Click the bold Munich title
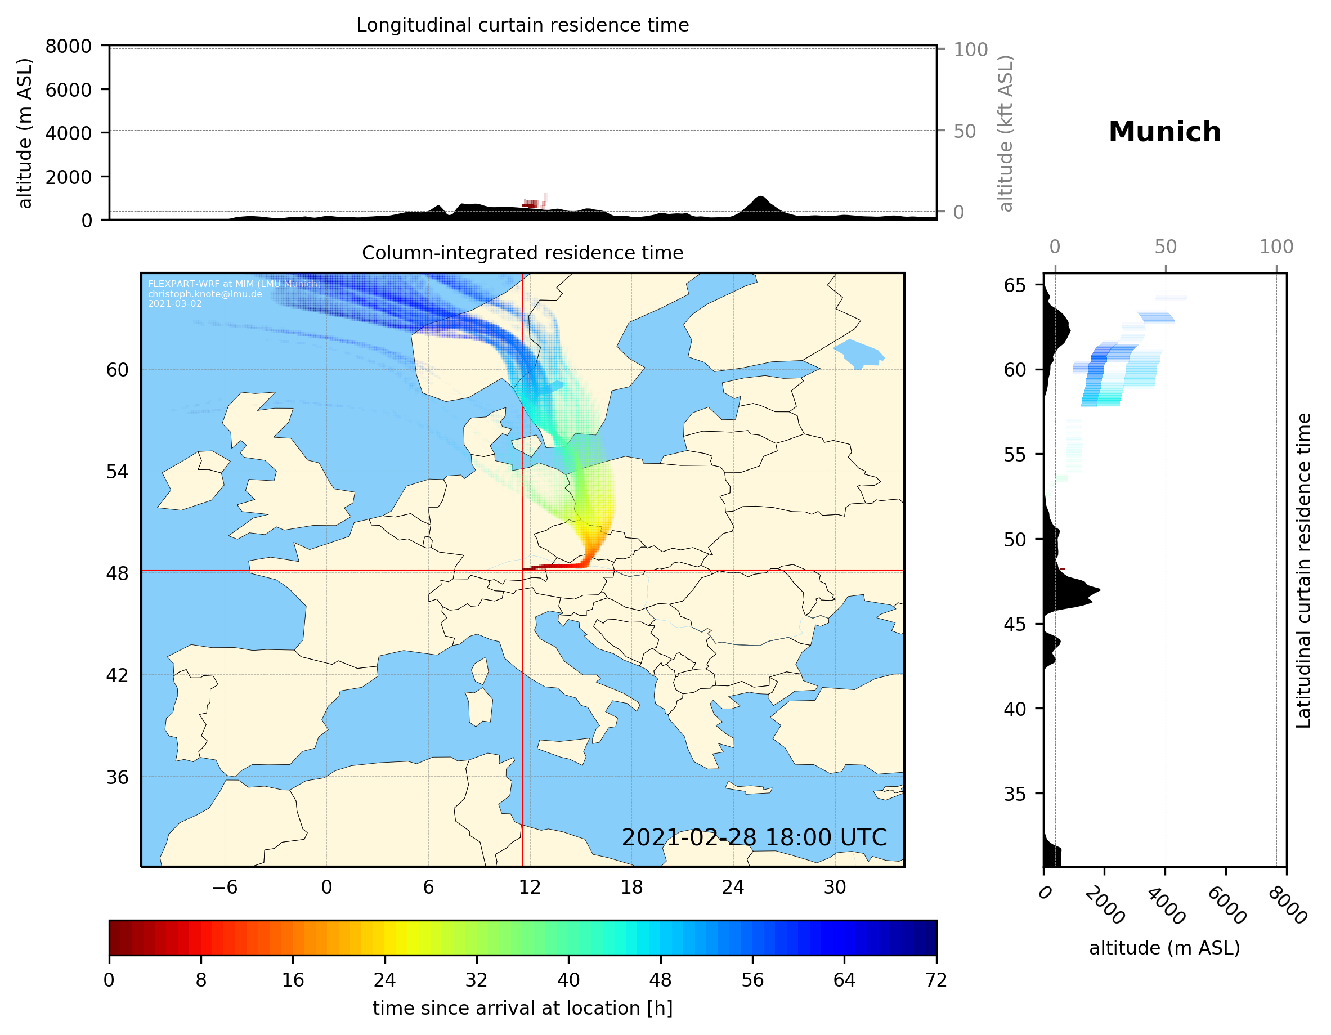coord(1164,132)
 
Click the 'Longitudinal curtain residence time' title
coord(522,25)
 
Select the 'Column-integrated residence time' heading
coord(522,253)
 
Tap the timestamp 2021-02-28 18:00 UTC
coord(754,837)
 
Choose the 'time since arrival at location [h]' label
coord(522,1008)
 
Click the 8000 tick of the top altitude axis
coord(68,46)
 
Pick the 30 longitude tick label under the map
coord(835,887)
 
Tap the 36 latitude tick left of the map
coord(117,777)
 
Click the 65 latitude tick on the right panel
coord(1015,285)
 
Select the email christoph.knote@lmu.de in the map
coord(205,294)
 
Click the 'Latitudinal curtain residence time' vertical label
coord(1303,571)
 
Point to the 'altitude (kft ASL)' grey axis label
coord(1006,133)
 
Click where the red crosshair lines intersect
coord(523,571)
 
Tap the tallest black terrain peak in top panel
coord(759,198)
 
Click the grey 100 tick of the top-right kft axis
coord(970,50)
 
